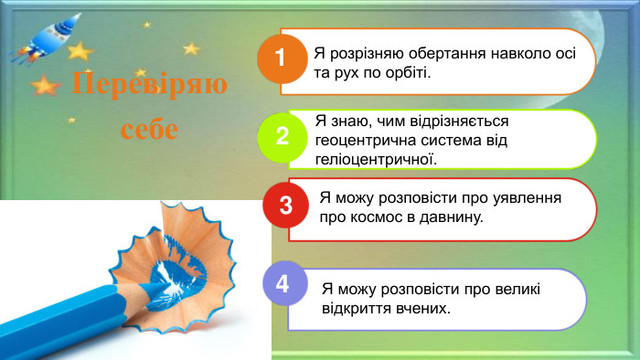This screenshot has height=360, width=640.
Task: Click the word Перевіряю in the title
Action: click(149, 86)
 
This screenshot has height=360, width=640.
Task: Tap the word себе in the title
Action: click(149, 128)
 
